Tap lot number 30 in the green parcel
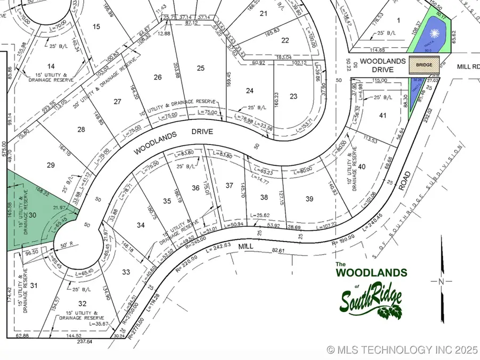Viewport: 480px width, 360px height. [32, 215]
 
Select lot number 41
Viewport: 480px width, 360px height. [382, 115]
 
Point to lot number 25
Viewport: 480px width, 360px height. [201, 68]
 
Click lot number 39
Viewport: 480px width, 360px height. [309, 199]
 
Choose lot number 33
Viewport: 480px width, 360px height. [126, 272]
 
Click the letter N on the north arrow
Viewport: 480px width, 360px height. [441, 281]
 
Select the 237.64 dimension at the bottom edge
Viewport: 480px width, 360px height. [85, 341]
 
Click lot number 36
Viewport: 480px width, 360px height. [196, 187]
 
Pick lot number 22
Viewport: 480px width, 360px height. [285, 40]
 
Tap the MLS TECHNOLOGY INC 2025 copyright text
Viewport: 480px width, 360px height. [403, 350]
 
